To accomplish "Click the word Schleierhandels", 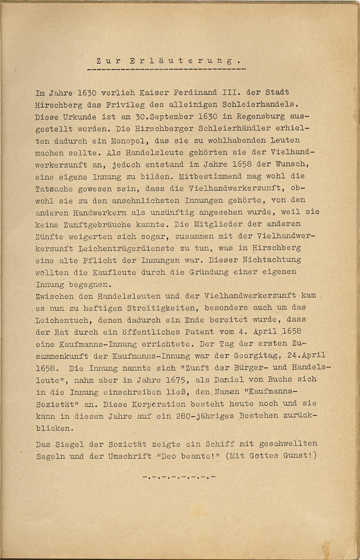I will pos(261,104).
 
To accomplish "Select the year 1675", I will pos(178,380).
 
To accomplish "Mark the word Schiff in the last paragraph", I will pos(220,444).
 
